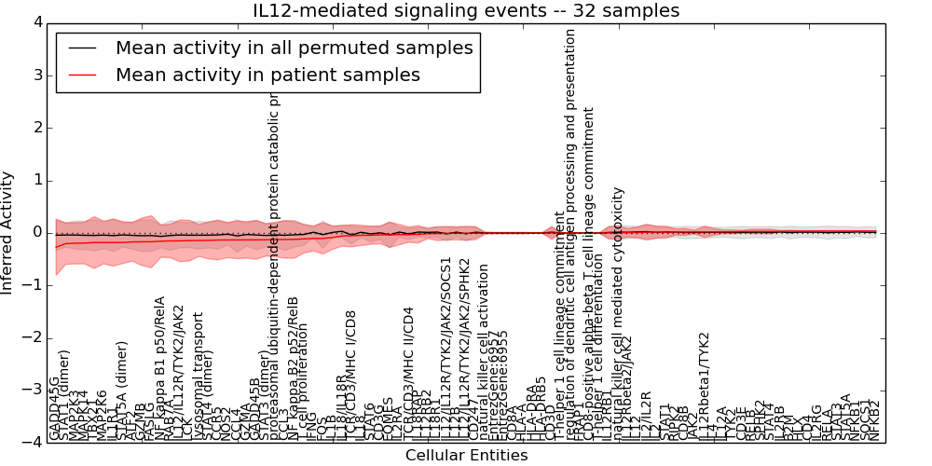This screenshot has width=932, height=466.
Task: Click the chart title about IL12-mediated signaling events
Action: point(466,11)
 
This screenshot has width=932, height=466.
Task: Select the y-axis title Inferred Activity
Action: point(8,232)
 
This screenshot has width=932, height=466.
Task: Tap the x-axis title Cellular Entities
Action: point(466,455)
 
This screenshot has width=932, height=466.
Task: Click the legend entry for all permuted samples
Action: point(294,48)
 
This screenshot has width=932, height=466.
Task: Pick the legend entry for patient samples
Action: point(267,75)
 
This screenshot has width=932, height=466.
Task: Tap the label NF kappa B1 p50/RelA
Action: point(159,368)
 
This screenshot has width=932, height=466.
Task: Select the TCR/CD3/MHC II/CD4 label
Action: point(407,373)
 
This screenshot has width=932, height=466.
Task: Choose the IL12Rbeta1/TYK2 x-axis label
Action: point(705,387)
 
